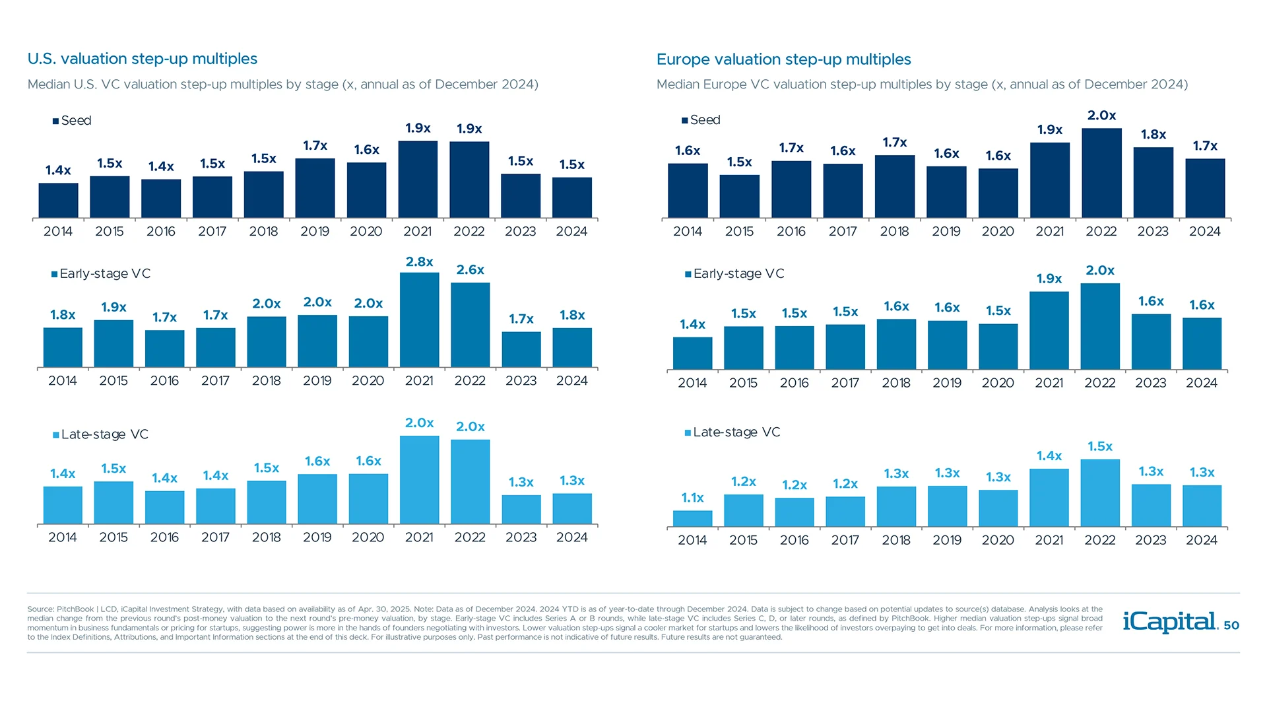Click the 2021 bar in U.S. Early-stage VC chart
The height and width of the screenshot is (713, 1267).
[419, 320]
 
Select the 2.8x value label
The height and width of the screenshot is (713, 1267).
[419, 262]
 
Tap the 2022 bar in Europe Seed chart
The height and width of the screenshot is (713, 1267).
[1101, 173]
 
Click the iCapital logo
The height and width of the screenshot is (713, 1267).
[1169, 622]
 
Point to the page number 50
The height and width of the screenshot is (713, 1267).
[1231, 625]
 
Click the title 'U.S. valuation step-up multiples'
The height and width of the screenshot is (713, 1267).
[143, 59]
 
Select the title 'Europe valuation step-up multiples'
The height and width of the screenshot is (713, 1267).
[783, 59]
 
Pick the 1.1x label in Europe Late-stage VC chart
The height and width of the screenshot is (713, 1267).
[692, 498]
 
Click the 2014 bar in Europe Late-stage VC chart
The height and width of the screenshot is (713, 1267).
[692, 519]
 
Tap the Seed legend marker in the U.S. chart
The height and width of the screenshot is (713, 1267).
[56, 121]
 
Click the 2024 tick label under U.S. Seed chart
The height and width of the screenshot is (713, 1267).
[571, 232]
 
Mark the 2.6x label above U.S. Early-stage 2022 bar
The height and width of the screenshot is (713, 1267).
[470, 270]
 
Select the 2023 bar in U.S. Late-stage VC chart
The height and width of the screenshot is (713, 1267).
[521, 510]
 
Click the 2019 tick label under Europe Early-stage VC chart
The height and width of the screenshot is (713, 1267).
[947, 383]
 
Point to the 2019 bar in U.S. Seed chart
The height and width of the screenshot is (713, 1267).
[315, 188]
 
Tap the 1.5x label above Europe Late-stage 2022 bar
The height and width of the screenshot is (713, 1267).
[1100, 447]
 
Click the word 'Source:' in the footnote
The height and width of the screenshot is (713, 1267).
[40, 609]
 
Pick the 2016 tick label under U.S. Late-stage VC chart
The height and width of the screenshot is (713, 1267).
[164, 537]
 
